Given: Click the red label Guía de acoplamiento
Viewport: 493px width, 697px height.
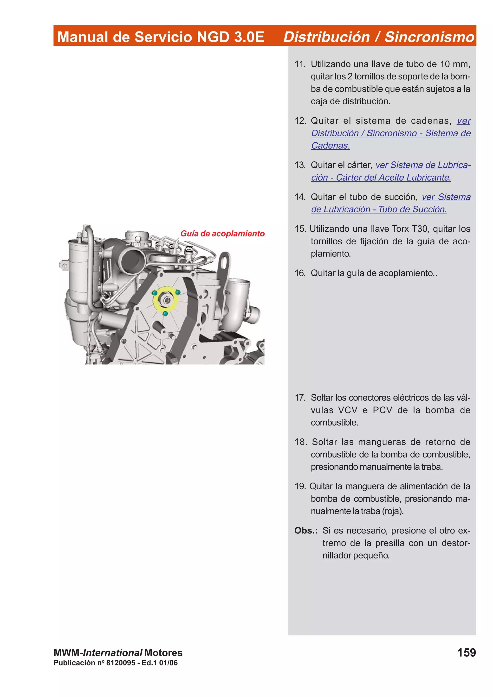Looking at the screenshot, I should point(222,234).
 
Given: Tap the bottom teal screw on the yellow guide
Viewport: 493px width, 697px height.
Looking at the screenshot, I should point(165,313).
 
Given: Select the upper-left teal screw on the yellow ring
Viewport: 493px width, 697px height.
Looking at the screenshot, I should point(155,293).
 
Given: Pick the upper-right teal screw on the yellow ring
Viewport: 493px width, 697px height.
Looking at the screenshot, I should point(178,292).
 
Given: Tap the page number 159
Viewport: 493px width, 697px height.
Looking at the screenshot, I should point(466,652).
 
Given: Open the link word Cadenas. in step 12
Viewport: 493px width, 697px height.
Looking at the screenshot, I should point(331,146).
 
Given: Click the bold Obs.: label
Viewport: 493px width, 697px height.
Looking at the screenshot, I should point(305,530).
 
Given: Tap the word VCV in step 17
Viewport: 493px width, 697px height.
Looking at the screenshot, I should point(348,410).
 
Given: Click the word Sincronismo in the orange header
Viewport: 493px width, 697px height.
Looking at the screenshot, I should point(429,37).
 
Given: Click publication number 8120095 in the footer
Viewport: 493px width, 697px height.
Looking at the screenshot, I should point(121,663).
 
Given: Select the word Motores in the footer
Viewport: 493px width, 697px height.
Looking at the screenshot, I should point(163,653).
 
